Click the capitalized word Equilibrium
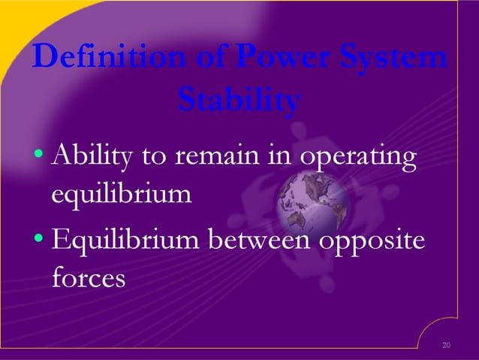[x=128, y=242]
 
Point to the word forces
[x=88, y=279]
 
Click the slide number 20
[x=447, y=345]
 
